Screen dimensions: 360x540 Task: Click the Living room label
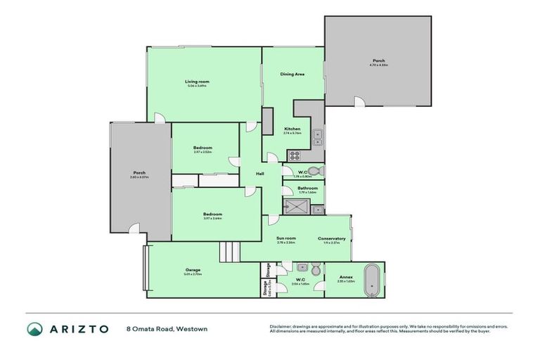pyautogui.click(x=198, y=82)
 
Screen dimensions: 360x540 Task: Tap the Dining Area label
pyautogui.click(x=292, y=74)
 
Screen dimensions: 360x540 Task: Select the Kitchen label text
pyautogui.click(x=292, y=129)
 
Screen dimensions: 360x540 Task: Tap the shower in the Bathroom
pyautogui.click(x=295, y=207)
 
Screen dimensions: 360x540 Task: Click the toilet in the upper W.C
pyautogui.click(x=315, y=170)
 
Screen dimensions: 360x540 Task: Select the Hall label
pyautogui.click(x=259, y=174)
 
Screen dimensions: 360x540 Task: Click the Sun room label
pyautogui.click(x=285, y=238)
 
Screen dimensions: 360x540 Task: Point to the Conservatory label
pyautogui.click(x=331, y=238)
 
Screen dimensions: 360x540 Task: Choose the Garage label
pyautogui.click(x=193, y=270)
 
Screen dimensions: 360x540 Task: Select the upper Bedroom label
pyautogui.click(x=202, y=148)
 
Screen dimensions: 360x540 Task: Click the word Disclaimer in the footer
pyautogui.click(x=280, y=327)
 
